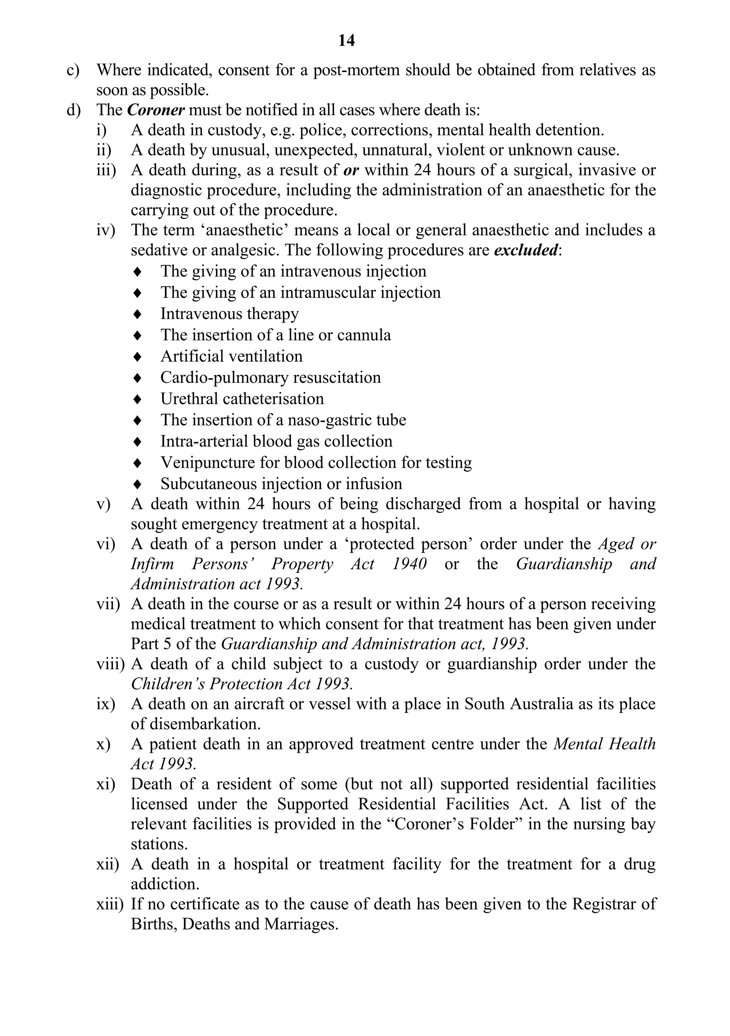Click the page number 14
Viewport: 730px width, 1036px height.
coord(346,41)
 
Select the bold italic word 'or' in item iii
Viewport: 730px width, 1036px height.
coord(351,170)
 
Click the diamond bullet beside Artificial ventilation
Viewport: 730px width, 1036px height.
coord(138,357)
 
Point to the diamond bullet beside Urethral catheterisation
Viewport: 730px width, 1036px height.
coord(138,399)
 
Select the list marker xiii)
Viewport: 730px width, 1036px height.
coord(110,904)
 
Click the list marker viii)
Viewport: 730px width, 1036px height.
coord(110,664)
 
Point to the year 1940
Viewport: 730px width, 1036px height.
coord(409,564)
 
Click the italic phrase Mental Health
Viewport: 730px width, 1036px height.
coord(604,744)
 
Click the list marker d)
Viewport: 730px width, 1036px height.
coord(73,110)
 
